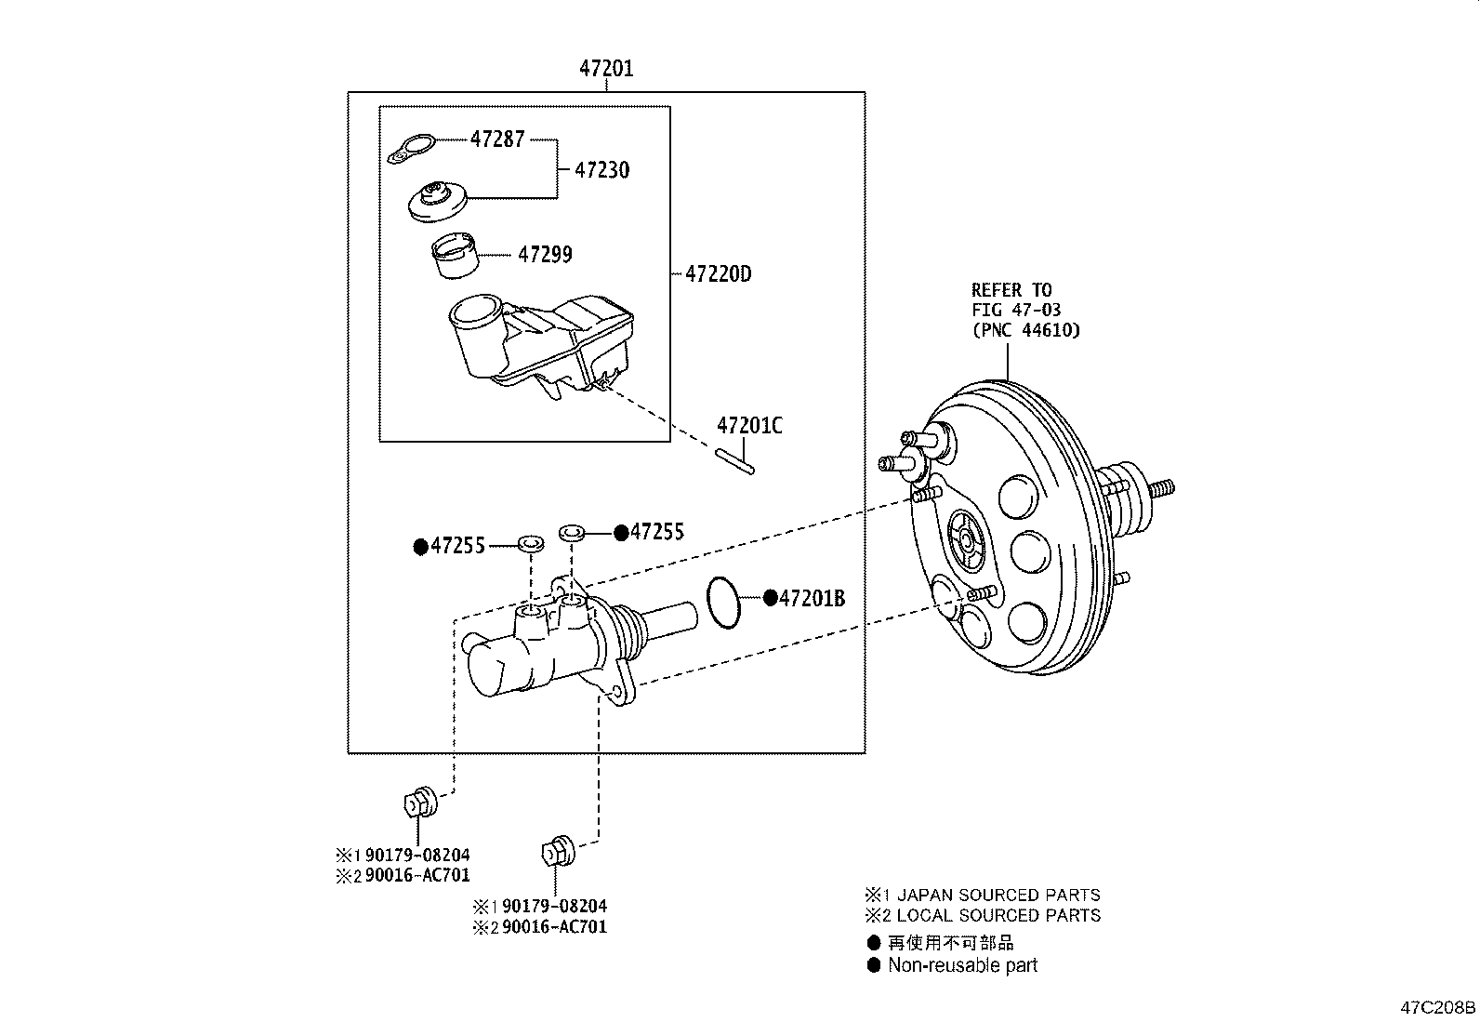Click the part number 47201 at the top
(606, 68)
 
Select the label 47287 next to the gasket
(497, 139)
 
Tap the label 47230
(601, 170)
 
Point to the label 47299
(545, 254)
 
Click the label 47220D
(718, 274)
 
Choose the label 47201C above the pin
(749, 426)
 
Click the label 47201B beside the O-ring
(812, 598)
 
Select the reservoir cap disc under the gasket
(437, 202)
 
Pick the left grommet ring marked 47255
(530, 542)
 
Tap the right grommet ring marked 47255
(571, 533)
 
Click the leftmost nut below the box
(420, 803)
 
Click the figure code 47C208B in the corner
(1438, 1007)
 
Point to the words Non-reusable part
(962, 965)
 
